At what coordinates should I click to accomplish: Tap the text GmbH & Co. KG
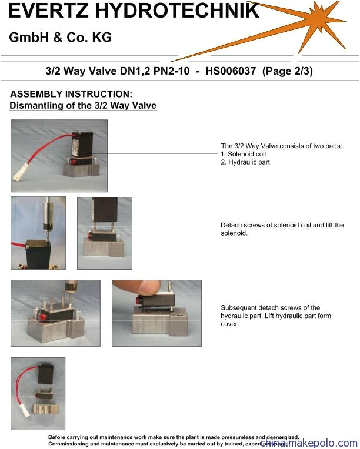click(60, 38)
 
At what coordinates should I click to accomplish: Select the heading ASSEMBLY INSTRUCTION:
click(71, 94)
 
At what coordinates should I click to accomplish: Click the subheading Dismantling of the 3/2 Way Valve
click(83, 106)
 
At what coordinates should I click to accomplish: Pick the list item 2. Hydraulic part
click(245, 162)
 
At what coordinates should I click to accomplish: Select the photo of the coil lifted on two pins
click(104, 233)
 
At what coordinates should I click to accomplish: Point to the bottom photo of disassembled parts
click(38, 394)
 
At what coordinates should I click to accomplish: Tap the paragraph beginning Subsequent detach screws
click(275, 316)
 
